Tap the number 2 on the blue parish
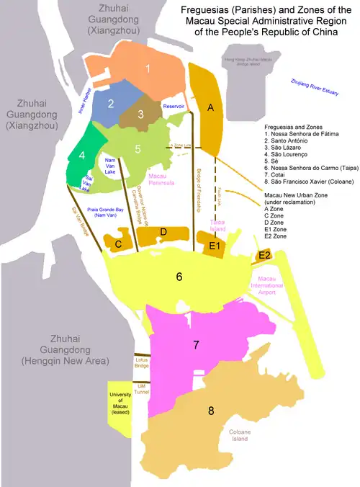(x=112, y=104)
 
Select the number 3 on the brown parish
(x=141, y=114)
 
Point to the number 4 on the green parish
(x=82, y=156)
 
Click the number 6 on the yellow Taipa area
(x=179, y=276)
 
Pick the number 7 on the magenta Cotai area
(x=195, y=345)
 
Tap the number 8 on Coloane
(x=211, y=411)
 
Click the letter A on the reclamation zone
(x=211, y=107)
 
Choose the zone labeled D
(x=163, y=232)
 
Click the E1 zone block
(x=214, y=246)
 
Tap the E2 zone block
(x=264, y=256)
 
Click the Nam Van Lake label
(x=111, y=165)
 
